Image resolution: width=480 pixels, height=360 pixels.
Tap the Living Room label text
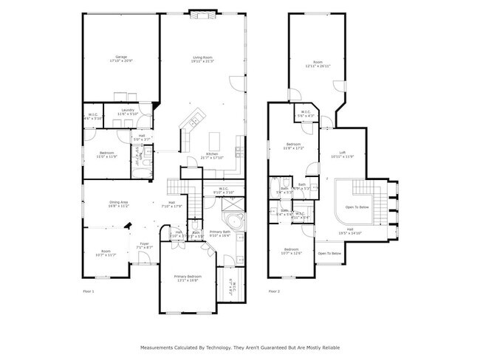click(203, 59)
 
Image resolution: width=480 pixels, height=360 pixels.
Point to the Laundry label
click(127, 111)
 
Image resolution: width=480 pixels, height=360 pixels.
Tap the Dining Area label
click(119, 204)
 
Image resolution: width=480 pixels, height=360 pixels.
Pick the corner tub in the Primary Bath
click(233, 224)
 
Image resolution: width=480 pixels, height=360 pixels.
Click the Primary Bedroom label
click(187, 278)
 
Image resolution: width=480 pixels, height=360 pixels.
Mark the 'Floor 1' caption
click(89, 292)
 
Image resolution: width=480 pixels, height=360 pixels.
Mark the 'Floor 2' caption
click(274, 292)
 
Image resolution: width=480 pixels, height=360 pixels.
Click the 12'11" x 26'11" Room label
click(318, 63)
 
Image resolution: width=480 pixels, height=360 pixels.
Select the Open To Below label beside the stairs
click(357, 207)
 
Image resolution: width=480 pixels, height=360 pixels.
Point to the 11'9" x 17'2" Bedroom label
click(293, 145)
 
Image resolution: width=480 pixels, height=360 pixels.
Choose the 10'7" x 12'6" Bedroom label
click(292, 252)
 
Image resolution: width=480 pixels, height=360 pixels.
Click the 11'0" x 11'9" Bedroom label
click(107, 154)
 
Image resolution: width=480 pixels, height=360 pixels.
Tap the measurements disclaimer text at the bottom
click(239, 347)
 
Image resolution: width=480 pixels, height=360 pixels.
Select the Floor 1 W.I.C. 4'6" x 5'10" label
click(94, 116)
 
